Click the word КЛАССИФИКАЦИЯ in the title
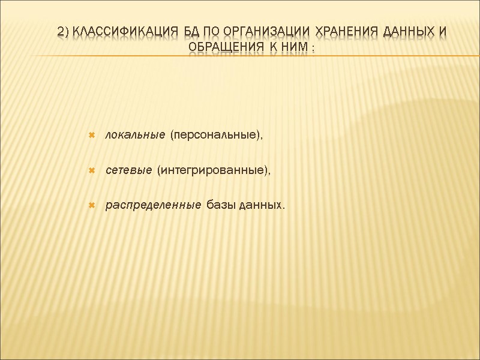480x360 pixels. pos(122,31)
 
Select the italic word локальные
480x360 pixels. pos(135,136)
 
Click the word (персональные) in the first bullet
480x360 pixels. pos(217,136)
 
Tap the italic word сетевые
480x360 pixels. pos(128,171)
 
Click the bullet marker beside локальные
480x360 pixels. pos(92,136)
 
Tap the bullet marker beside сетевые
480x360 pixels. pos(92,171)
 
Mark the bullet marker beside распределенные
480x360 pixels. pos(92,206)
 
